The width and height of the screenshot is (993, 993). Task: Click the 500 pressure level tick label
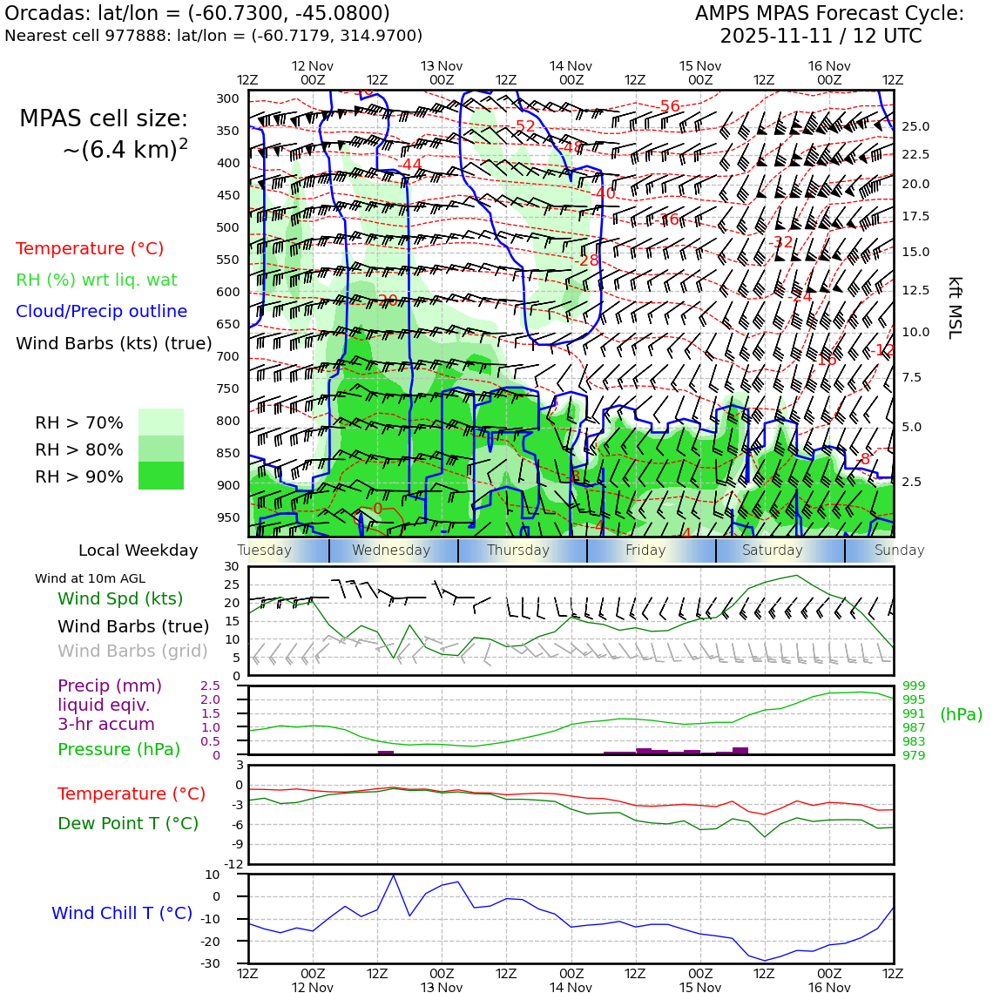tap(227, 227)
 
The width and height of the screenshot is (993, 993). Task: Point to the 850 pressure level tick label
tap(227, 453)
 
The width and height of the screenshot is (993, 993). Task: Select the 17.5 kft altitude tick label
tap(915, 216)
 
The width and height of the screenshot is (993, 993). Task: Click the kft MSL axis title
tap(955, 307)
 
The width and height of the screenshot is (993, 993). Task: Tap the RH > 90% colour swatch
tap(161, 476)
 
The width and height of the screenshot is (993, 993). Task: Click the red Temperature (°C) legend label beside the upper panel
tap(90, 248)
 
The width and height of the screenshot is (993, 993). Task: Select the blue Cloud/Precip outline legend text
tap(101, 311)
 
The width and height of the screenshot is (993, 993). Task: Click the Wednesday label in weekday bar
tap(391, 551)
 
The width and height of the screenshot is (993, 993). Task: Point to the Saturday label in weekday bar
tap(772, 551)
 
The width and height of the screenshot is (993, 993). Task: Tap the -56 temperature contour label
tap(669, 106)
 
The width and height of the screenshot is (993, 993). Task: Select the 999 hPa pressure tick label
tap(914, 686)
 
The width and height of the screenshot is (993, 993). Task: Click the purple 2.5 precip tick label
tap(211, 686)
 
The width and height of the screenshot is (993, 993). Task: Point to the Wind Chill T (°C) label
tap(122, 913)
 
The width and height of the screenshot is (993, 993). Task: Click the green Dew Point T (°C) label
tap(128, 823)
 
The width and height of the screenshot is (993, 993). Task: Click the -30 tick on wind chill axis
tap(232, 963)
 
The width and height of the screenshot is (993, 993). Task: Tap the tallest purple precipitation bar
tap(740, 750)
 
